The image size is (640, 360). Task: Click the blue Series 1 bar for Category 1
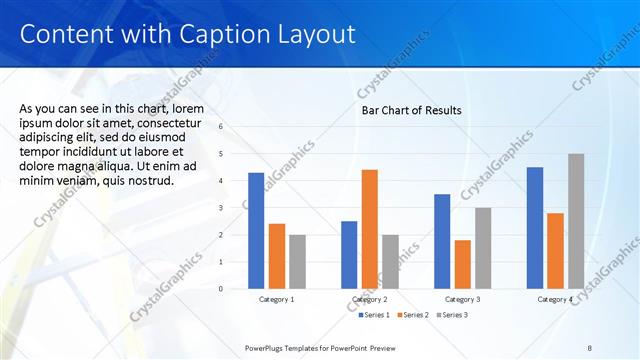pyautogui.click(x=256, y=231)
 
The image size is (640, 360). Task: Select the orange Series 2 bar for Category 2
pyautogui.click(x=369, y=229)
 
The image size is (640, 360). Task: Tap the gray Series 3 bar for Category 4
pyautogui.click(x=576, y=221)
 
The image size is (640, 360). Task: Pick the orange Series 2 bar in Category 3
pyautogui.click(x=462, y=264)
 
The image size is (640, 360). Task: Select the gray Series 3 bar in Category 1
pyautogui.click(x=297, y=261)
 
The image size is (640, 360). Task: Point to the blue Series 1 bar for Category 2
pyautogui.click(x=349, y=254)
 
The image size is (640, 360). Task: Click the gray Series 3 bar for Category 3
pyautogui.click(x=483, y=248)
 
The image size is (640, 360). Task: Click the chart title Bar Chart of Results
pyautogui.click(x=411, y=110)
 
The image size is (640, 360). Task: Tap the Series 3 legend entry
pyautogui.click(x=451, y=316)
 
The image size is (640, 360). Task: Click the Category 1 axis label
pyautogui.click(x=277, y=300)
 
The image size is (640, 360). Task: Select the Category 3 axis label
pyautogui.click(x=462, y=300)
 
